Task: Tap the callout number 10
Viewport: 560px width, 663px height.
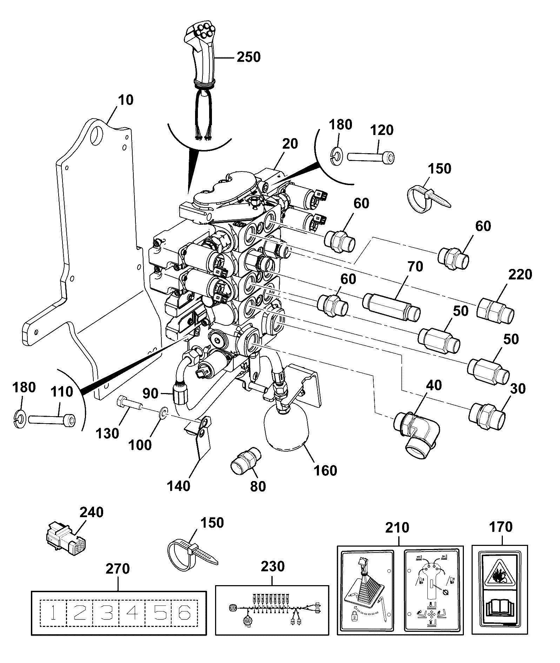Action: point(126,100)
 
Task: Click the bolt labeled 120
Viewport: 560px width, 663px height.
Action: point(370,156)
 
